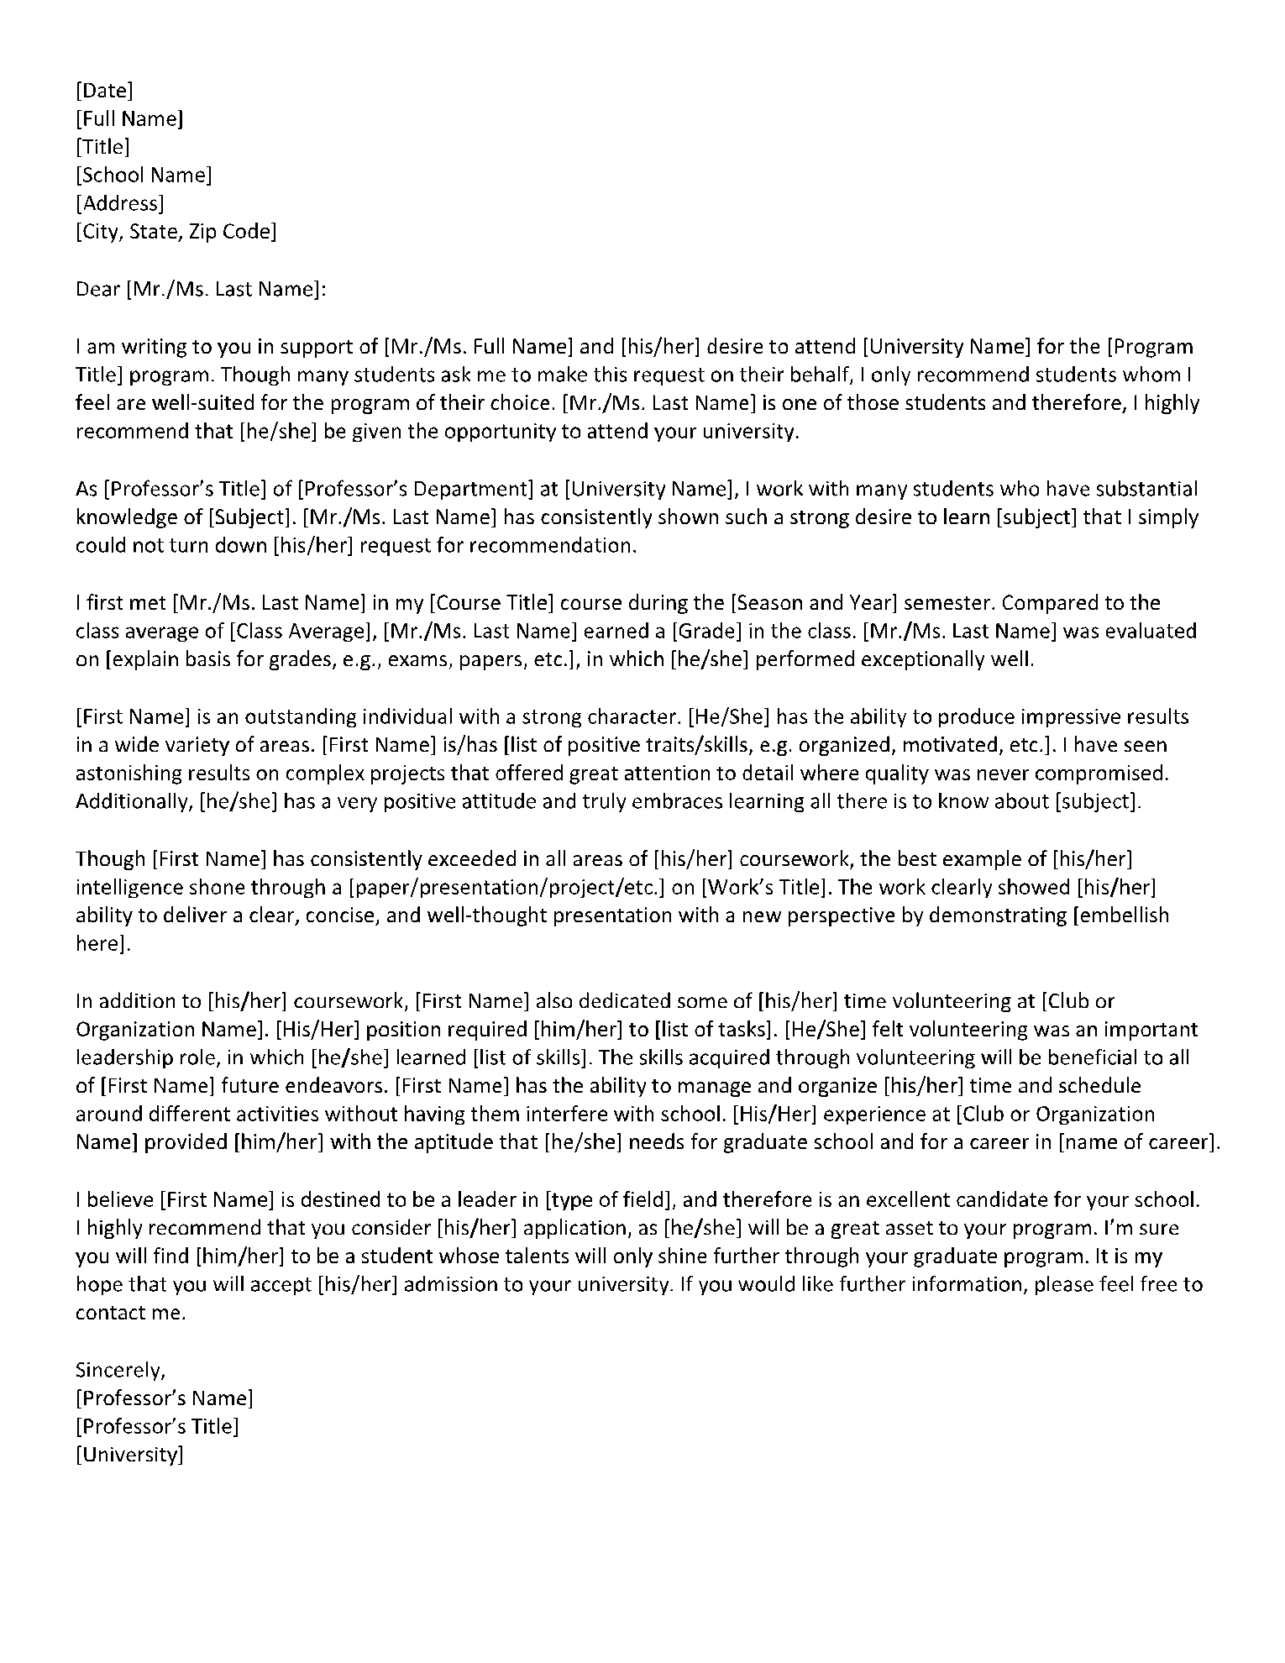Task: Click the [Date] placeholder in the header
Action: point(104,90)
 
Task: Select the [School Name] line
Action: point(144,175)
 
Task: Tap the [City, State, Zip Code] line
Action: point(176,232)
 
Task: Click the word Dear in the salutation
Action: point(98,289)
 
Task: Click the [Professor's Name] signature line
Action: point(165,1398)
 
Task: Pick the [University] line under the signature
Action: point(129,1455)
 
